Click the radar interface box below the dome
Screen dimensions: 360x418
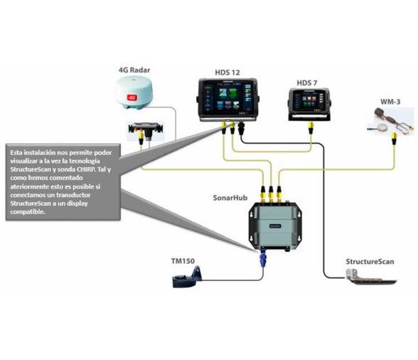[x=145, y=130]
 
